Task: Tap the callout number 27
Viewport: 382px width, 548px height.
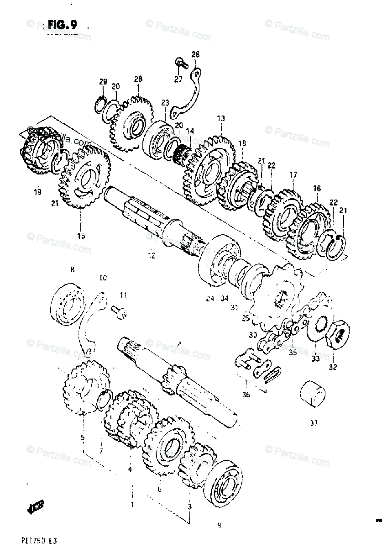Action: [178, 79]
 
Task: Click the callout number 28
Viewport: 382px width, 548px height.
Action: [138, 79]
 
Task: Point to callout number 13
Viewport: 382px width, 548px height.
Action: [220, 118]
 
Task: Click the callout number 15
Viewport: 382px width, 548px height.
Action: [81, 236]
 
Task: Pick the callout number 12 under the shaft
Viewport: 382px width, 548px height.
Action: [152, 256]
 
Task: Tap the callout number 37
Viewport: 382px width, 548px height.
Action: [313, 423]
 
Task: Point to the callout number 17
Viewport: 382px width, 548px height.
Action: [293, 174]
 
